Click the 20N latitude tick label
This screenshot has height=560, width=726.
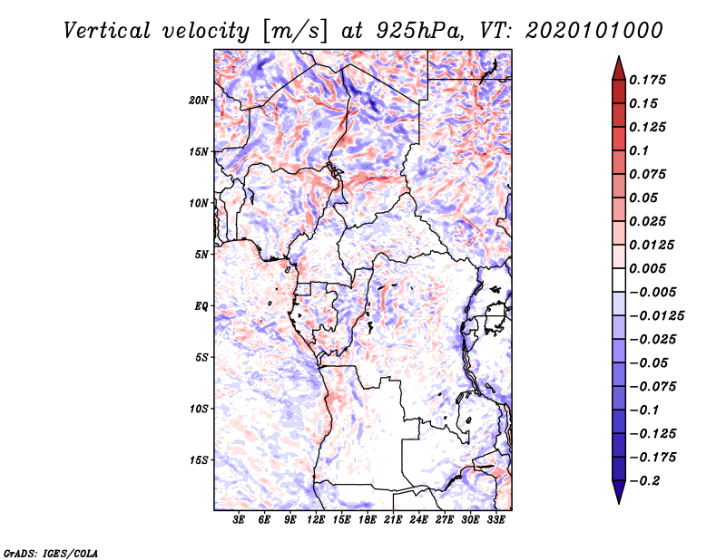(x=199, y=100)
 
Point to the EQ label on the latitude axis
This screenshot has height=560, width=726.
(x=201, y=306)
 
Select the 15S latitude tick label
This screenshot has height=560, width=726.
(x=199, y=460)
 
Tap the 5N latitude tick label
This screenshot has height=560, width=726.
(x=201, y=255)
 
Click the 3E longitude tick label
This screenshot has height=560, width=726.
(x=240, y=521)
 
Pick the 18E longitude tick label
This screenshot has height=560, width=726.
(x=368, y=521)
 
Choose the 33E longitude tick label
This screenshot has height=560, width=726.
(x=496, y=521)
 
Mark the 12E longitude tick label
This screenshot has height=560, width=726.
(x=317, y=521)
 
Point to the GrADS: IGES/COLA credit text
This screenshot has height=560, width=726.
(x=51, y=552)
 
